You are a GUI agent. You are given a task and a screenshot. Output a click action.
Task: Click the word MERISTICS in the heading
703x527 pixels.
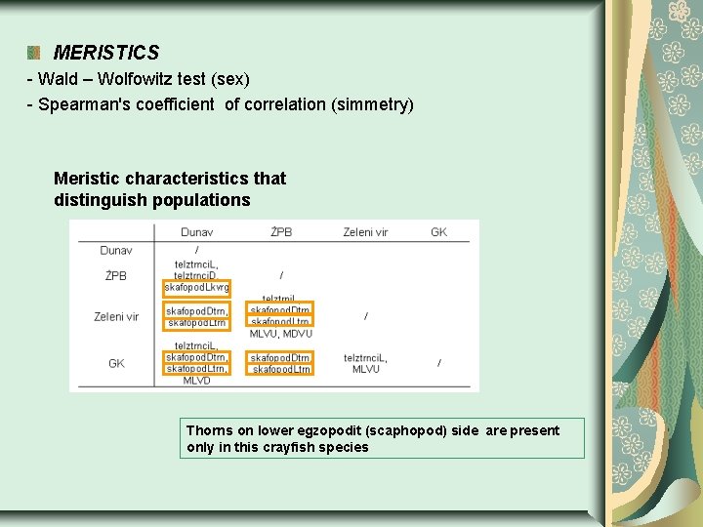[105, 53]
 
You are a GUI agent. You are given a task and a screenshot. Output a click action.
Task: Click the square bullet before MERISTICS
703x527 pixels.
[34, 53]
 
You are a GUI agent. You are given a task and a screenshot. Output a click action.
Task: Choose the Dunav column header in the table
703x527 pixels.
[196, 232]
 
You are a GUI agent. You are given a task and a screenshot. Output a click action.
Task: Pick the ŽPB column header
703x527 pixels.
[281, 232]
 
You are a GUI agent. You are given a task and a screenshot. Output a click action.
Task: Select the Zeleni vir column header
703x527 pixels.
[365, 232]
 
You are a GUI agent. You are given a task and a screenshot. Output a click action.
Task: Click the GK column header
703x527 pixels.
[438, 232]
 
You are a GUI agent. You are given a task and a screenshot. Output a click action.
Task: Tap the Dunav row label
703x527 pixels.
[116, 251]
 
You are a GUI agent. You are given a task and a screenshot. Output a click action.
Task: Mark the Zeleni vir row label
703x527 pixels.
[116, 316]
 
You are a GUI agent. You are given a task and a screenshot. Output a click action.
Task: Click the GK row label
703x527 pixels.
[116, 363]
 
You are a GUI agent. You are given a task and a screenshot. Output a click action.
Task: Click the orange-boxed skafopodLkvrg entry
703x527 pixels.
[197, 288]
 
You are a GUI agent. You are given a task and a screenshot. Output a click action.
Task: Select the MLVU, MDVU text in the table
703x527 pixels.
[281, 334]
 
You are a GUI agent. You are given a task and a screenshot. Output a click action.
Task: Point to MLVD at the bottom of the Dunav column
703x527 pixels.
[196, 381]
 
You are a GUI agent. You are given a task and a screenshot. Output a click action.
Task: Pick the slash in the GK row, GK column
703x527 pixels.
[438, 363]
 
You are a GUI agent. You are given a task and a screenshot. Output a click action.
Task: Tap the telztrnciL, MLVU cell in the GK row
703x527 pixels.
[365, 363]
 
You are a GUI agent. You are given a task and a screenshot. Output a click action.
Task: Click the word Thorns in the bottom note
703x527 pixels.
[209, 430]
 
